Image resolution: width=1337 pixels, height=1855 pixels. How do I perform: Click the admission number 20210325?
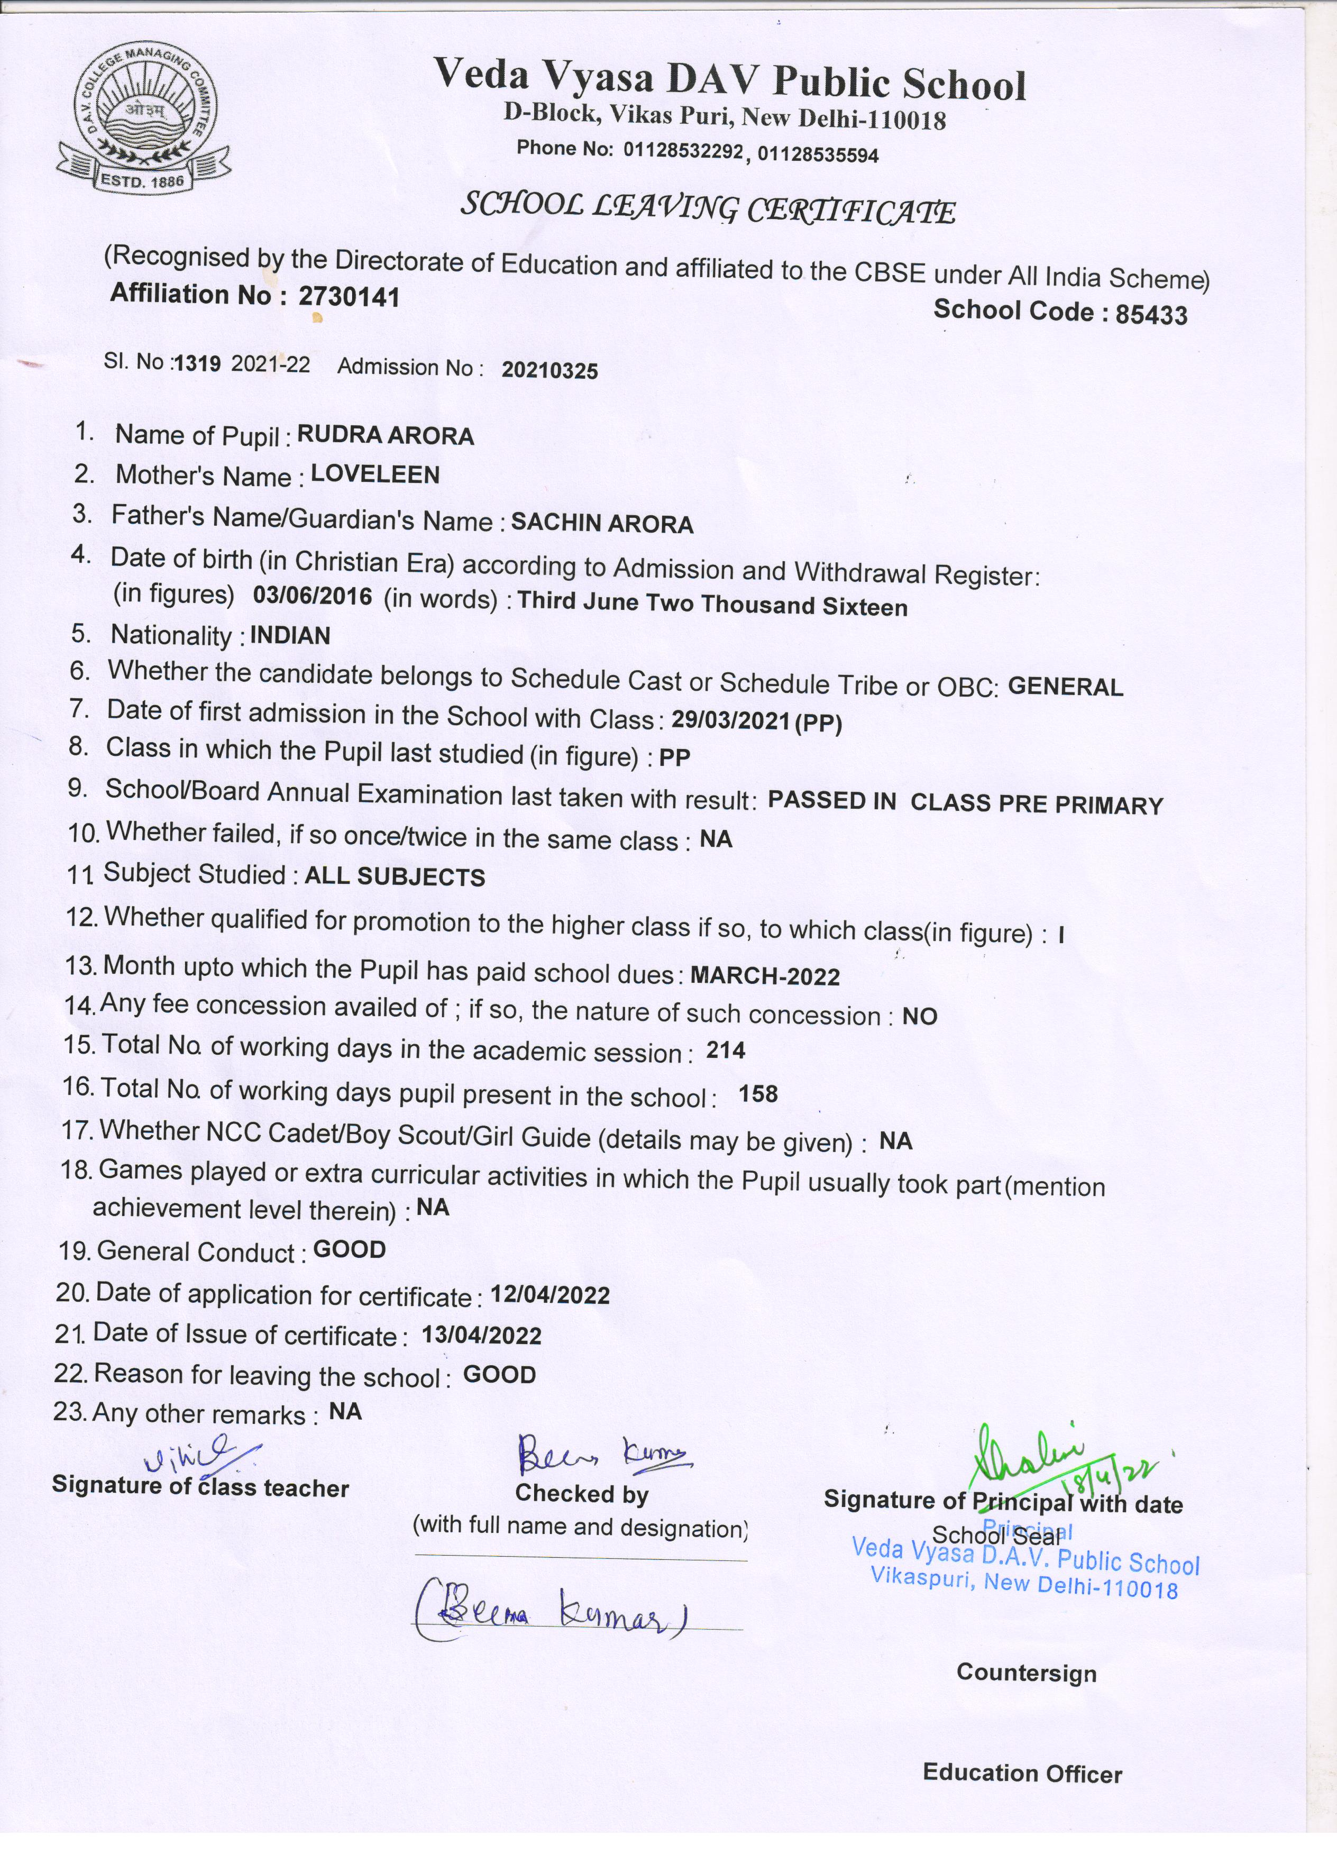click(x=550, y=371)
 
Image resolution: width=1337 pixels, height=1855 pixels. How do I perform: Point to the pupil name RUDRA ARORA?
click(x=385, y=435)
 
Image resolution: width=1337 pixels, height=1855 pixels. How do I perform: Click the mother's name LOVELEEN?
click(x=376, y=474)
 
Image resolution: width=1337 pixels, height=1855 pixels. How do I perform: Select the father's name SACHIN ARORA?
click(x=602, y=524)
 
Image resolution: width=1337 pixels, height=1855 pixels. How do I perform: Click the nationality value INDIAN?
click(x=290, y=635)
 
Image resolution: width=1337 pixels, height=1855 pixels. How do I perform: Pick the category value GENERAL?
click(x=1066, y=687)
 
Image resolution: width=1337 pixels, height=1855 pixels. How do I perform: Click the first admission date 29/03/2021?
click(x=730, y=720)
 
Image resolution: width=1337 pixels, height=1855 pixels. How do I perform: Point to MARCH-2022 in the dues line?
click(x=765, y=976)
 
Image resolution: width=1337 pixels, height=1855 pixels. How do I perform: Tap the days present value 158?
click(x=758, y=1094)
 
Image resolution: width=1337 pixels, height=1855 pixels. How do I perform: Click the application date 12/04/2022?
click(x=550, y=1295)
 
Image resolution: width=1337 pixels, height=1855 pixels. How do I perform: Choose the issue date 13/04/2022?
click(x=482, y=1336)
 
